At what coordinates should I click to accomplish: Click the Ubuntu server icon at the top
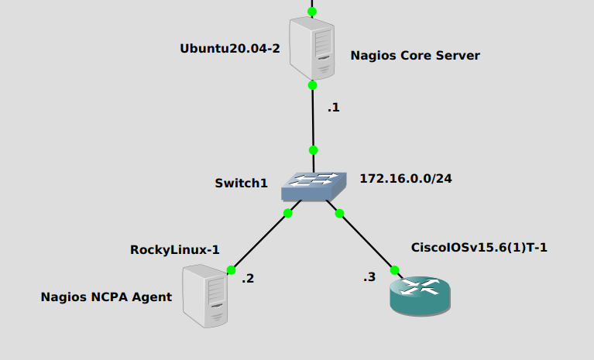[312, 49]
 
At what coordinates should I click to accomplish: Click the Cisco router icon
[420, 295]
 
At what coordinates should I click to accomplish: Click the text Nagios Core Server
[415, 56]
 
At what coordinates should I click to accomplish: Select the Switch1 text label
[241, 183]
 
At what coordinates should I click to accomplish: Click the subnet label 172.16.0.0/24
[406, 179]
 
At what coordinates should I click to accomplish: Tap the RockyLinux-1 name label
[175, 249]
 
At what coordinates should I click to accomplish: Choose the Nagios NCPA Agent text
[106, 297]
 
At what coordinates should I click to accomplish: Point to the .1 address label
[333, 108]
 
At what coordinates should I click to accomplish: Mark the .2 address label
[247, 279]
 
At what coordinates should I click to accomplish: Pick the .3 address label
[369, 277]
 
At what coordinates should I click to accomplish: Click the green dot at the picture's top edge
[312, 12]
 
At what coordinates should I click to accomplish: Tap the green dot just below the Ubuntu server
[312, 85]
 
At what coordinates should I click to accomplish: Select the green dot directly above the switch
[313, 149]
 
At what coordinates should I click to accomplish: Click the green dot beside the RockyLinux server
[231, 270]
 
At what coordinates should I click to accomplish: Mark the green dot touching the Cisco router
[394, 270]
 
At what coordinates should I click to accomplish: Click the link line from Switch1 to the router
[366, 241]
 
